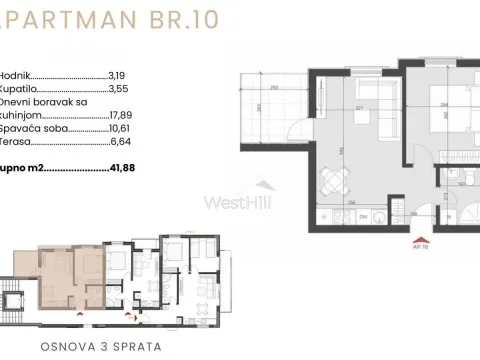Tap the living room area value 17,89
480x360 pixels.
coord(122,114)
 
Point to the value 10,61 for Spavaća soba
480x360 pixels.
coord(121,128)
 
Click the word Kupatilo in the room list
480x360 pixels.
coord(19,87)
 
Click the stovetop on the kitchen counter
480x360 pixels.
coord(378,213)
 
